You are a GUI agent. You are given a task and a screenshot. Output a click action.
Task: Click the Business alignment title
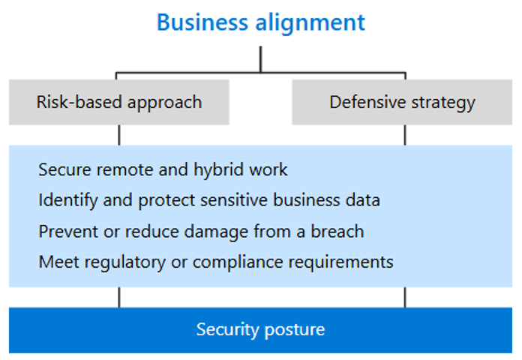261,23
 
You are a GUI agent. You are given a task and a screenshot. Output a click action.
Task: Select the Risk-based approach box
119,102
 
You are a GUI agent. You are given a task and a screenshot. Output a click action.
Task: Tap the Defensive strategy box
402,102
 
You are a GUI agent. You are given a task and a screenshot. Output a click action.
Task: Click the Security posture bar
261,330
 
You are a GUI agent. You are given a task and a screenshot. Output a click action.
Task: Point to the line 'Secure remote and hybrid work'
163,170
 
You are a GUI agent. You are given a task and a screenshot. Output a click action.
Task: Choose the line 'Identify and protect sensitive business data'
209,201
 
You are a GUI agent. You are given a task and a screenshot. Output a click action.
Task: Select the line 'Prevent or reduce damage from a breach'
202,232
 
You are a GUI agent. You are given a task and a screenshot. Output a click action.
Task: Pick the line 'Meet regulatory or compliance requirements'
216,262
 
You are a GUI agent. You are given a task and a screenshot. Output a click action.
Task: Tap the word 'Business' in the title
202,22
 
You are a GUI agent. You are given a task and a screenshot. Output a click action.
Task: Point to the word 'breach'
337,231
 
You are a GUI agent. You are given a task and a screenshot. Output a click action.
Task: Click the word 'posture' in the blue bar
295,331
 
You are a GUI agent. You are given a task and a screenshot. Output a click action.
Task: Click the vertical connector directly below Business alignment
261,59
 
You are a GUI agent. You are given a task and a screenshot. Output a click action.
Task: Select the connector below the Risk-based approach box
119,135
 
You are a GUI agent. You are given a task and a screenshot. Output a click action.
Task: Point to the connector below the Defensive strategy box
405,135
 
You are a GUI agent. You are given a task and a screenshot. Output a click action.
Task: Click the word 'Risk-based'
79,101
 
